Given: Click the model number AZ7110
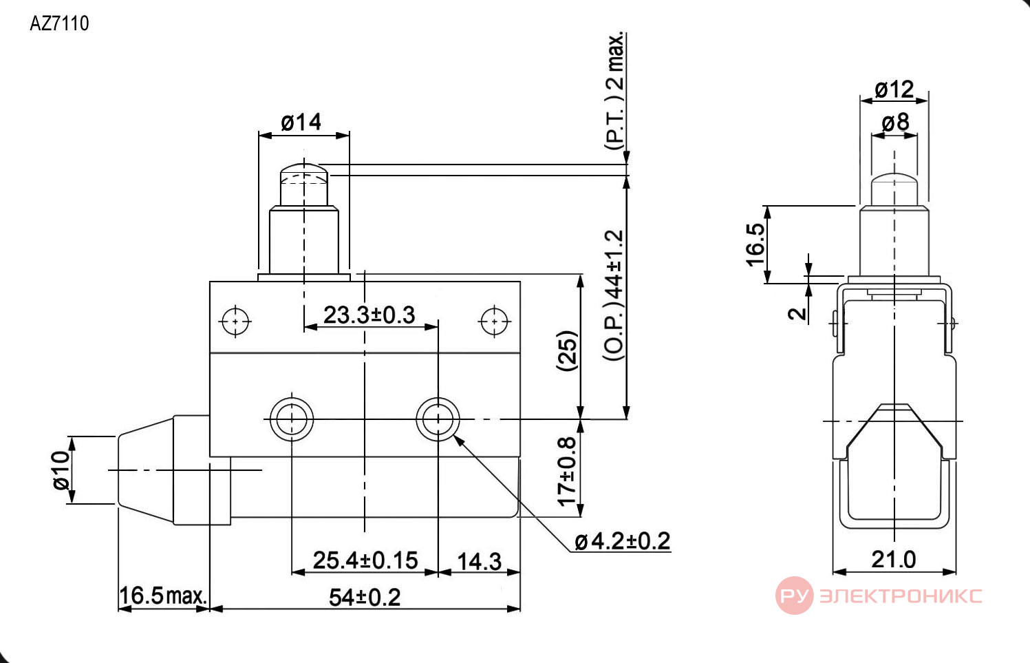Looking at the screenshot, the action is click(x=59, y=23).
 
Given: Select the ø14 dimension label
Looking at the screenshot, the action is click(x=301, y=123).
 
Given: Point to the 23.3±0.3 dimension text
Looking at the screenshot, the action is click(x=369, y=315).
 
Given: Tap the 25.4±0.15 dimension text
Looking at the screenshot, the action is click(x=365, y=560).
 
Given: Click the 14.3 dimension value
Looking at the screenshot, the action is click(x=479, y=561).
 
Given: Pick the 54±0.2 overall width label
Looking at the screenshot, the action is click(x=365, y=598).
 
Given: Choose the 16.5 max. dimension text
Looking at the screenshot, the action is click(x=163, y=596).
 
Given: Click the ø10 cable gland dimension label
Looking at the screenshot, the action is click(x=61, y=470).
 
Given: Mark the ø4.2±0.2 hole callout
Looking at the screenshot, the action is click(x=623, y=541).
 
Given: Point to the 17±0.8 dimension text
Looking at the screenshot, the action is click(x=567, y=471).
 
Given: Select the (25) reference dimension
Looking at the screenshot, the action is click(x=566, y=350).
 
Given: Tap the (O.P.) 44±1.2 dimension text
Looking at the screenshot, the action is click(x=614, y=295).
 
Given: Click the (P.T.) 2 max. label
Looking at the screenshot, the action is click(x=614, y=91).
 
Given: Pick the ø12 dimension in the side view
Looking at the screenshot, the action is click(x=894, y=89).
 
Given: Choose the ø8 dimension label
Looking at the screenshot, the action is click(x=895, y=123).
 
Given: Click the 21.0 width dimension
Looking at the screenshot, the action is click(x=894, y=560).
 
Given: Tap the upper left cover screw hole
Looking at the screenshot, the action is click(x=235, y=321).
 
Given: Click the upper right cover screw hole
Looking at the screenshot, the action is click(x=494, y=321).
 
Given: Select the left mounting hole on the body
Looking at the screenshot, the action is click(x=292, y=419).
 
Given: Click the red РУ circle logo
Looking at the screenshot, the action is click(x=794, y=596).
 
